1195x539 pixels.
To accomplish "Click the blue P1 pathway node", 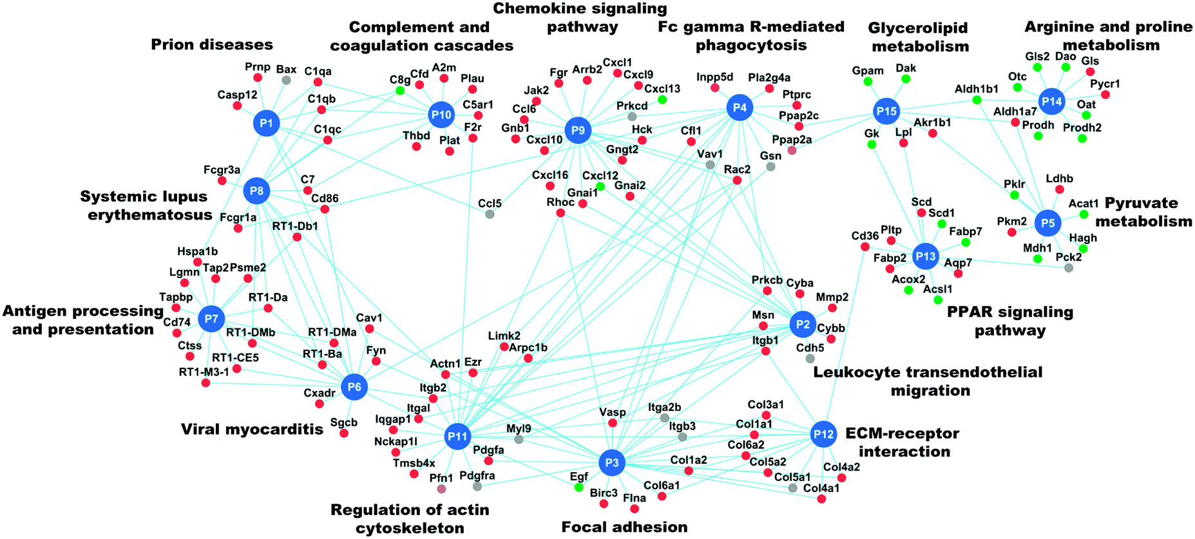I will (x=266, y=123).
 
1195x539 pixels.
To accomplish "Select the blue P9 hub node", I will (x=578, y=131).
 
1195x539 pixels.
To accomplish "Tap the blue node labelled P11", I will (x=457, y=437).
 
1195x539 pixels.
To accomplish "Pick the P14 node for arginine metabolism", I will (x=1051, y=102).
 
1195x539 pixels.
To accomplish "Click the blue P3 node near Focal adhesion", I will (x=612, y=462).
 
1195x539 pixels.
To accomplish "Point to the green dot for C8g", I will (x=400, y=91).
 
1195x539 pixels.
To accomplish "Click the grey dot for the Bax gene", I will (x=287, y=80).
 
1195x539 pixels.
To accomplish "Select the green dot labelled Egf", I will (x=579, y=487).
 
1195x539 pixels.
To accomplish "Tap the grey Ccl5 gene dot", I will (x=490, y=214).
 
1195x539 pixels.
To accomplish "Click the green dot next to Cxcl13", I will (x=662, y=100).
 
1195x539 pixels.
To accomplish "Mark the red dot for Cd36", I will (x=865, y=247).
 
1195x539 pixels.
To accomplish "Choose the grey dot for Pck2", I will (x=1069, y=267).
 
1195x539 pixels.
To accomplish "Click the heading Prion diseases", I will (x=212, y=44).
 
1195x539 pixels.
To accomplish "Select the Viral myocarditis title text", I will (x=251, y=429).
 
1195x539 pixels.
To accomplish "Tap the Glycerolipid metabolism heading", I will (x=919, y=37).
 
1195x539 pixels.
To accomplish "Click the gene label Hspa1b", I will (x=198, y=251).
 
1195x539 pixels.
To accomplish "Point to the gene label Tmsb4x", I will (x=414, y=463).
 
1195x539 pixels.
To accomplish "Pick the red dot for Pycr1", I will (x=1105, y=95).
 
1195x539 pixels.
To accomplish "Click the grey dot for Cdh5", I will (x=810, y=358).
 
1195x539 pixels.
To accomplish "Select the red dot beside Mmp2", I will (x=832, y=308).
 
